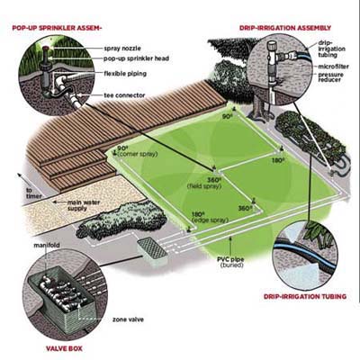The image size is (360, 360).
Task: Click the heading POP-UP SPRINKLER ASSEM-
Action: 57,28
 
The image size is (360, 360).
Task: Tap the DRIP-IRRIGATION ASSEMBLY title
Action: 285,28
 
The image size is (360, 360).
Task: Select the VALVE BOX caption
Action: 64,348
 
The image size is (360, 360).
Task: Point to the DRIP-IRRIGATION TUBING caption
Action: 305,297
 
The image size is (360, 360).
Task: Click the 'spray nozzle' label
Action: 122,49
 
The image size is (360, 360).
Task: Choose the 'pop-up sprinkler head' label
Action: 137,58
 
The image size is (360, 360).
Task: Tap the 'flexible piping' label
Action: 125,74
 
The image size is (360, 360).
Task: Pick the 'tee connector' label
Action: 124,95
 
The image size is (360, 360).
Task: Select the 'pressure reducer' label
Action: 330,77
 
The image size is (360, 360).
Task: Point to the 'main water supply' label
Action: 80,205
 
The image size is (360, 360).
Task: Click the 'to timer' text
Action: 34,193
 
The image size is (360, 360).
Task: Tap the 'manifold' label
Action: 47,246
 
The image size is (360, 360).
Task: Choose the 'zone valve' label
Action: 128,319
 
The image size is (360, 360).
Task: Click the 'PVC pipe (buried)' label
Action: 230,262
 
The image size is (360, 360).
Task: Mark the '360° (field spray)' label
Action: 205,183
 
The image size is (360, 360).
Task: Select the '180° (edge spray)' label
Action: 210,218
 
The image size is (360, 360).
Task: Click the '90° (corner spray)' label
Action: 138,151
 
